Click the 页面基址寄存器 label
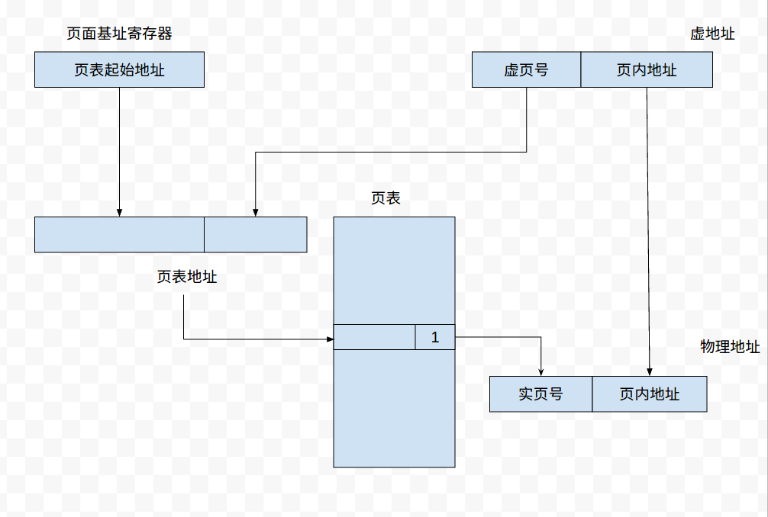(x=119, y=34)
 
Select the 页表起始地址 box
(x=119, y=70)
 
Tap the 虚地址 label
(x=712, y=34)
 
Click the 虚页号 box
(x=526, y=70)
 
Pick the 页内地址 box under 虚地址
(x=647, y=70)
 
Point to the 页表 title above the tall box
(x=386, y=198)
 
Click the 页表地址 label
(x=187, y=277)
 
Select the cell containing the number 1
(x=435, y=337)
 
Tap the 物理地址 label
(x=730, y=347)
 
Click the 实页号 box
(x=541, y=394)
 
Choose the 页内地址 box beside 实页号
(x=650, y=394)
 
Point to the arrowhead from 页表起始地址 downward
(x=119, y=213)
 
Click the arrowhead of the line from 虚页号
(x=255, y=213)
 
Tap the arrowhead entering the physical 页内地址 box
(x=650, y=372)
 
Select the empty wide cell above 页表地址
(x=119, y=235)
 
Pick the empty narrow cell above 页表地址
(x=255, y=235)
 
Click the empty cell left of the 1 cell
(x=374, y=337)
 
